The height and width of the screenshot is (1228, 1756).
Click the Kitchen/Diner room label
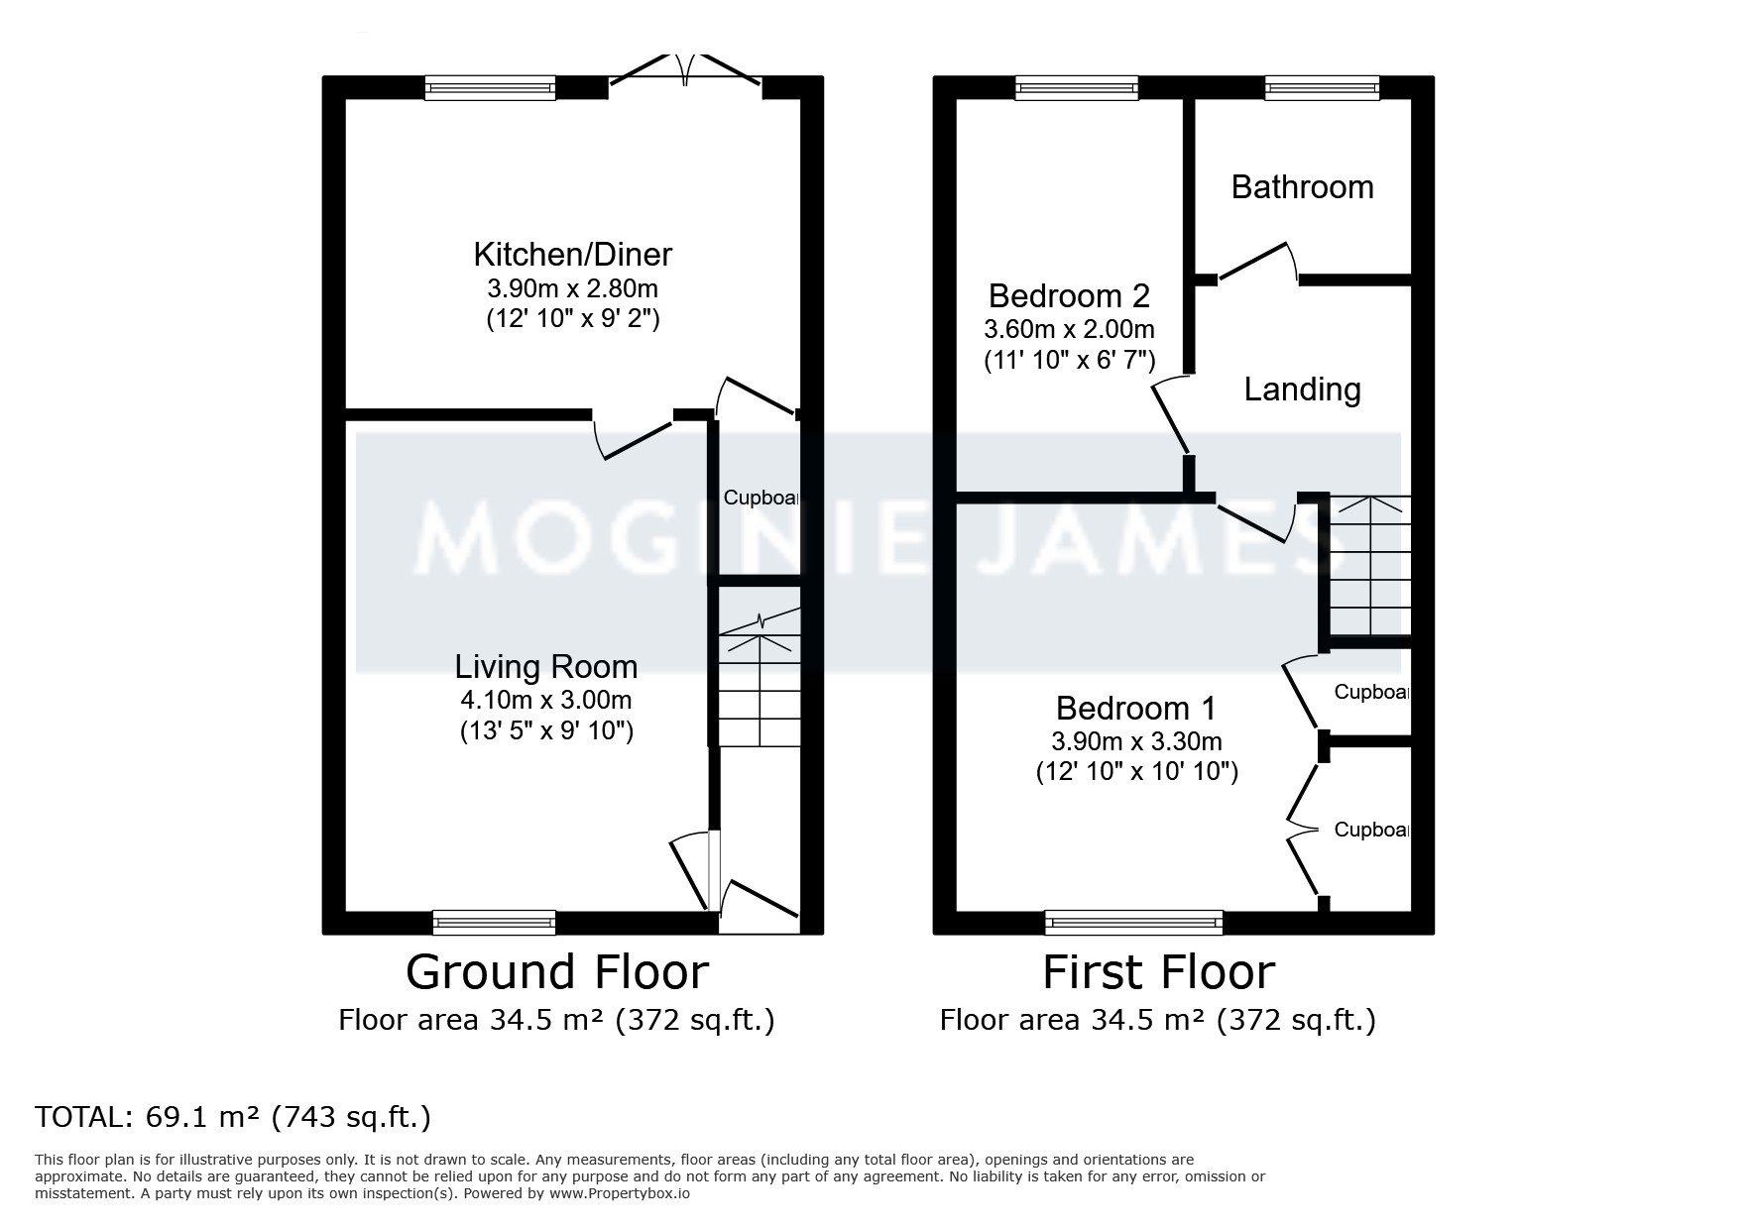coord(572,255)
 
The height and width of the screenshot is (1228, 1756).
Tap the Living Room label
coord(545,667)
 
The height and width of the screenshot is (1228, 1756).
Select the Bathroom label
coord(1302,187)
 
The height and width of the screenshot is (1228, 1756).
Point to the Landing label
coord(1302,390)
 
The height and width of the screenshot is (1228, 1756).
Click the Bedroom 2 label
coord(1069,296)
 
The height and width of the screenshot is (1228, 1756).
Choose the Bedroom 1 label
coord(1135,709)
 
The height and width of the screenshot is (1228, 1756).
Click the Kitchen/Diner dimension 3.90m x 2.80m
coord(572,289)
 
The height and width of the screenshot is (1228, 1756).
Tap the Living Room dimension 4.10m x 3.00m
coord(545,701)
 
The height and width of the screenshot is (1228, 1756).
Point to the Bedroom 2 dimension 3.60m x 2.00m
coord(1069,329)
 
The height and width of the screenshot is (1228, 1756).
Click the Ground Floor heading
coord(557,972)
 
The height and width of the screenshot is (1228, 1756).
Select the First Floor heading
coord(1158,972)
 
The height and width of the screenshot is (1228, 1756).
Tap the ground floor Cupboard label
coord(761,498)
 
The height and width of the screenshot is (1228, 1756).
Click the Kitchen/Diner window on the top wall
coord(490,88)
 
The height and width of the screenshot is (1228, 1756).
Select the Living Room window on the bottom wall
coord(494,923)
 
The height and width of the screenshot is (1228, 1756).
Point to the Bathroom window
coord(1322,88)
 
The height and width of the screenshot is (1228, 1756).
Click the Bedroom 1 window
coord(1133,923)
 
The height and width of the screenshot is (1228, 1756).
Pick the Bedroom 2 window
coord(1077,88)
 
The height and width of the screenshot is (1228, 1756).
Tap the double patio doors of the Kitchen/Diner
coord(685,71)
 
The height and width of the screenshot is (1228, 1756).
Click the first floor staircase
coord(1369,566)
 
